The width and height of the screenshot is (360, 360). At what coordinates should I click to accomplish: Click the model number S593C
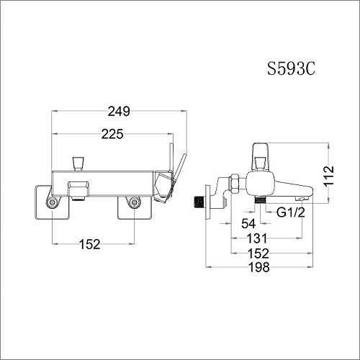(x=291, y=69)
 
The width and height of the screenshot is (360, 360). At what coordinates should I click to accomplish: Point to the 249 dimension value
(x=119, y=112)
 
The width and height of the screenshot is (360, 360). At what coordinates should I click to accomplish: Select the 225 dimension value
(x=112, y=134)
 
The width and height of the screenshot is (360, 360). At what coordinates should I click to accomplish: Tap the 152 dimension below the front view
(x=89, y=244)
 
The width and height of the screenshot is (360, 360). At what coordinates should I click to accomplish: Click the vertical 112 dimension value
(x=328, y=176)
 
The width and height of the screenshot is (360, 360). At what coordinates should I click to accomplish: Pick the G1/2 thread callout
(x=291, y=212)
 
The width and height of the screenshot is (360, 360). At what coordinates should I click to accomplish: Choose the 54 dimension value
(x=248, y=224)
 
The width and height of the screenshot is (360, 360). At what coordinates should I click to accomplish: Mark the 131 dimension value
(x=257, y=238)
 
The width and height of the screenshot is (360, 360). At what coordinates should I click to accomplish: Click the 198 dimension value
(x=258, y=267)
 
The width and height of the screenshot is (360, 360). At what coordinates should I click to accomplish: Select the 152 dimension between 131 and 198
(x=258, y=253)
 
